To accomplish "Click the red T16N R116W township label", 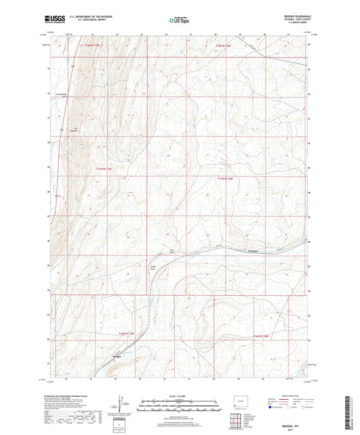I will pyautogui.click(x=261, y=336).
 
